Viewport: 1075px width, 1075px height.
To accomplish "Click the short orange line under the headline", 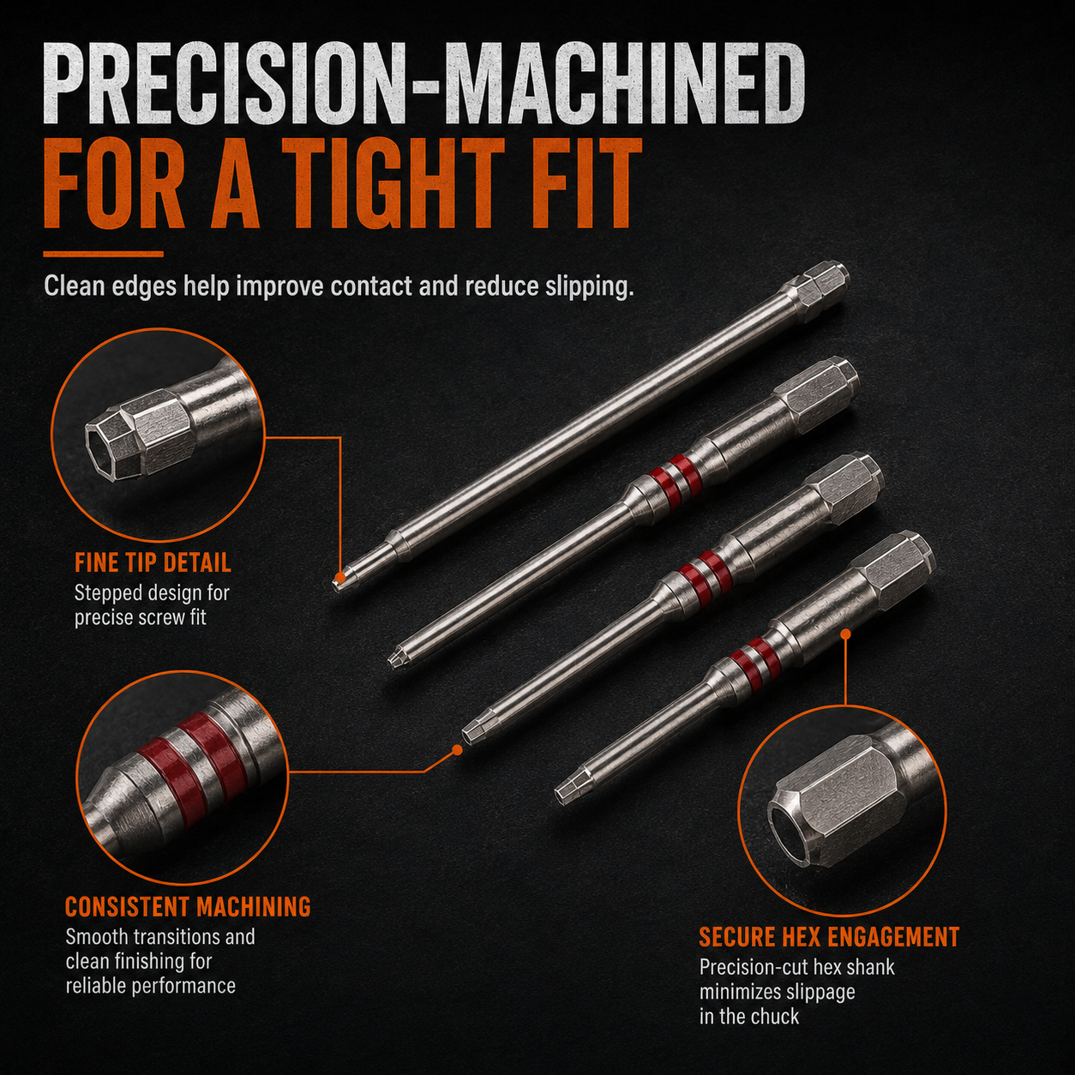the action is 103,255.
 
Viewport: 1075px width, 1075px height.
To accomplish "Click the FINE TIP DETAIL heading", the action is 153,563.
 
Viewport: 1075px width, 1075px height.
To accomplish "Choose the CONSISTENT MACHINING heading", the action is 188,906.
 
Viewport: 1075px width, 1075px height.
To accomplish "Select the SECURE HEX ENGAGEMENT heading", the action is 829,937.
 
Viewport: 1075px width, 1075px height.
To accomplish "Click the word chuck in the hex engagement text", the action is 772,1017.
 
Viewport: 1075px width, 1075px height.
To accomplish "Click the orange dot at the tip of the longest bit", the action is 339,576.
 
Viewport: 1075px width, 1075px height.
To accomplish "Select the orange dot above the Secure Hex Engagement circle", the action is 846,634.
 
